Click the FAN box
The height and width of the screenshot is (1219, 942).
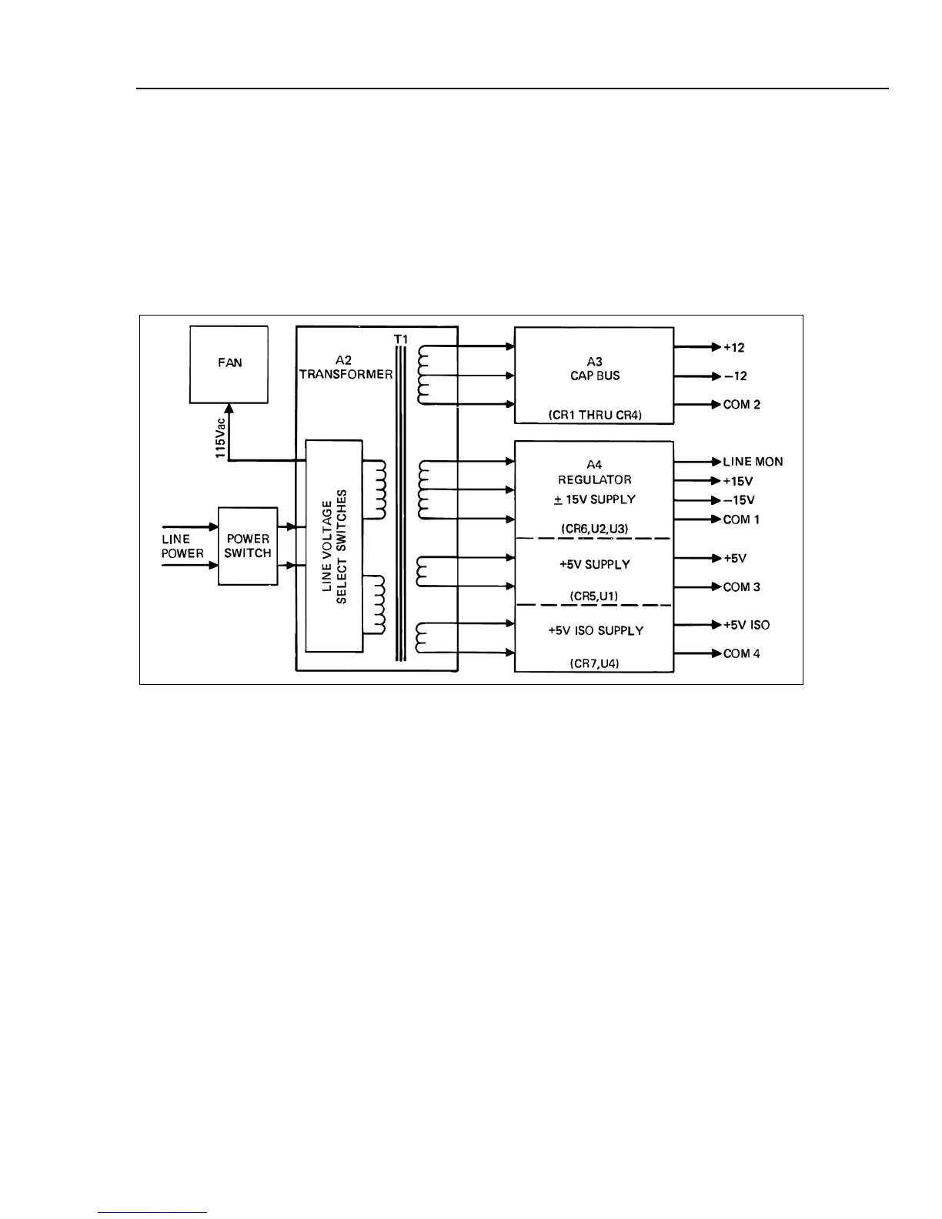tap(229, 364)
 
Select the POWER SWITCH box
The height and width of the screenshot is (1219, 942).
tap(248, 546)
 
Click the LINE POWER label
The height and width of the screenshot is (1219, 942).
tap(182, 546)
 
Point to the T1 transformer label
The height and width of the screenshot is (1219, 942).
tap(400, 339)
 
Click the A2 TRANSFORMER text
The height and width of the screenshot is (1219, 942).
tap(346, 367)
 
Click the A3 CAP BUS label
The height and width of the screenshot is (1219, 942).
tap(594, 369)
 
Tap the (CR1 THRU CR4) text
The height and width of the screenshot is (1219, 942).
tap(594, 415)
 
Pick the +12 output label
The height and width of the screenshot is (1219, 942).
tap(734, 347)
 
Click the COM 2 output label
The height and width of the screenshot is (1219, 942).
tap(741, 405)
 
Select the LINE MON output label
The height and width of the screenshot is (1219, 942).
tap(753, 462)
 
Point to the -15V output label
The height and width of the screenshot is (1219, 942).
tap(738, 500)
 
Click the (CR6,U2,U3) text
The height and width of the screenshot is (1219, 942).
tap(594, 529)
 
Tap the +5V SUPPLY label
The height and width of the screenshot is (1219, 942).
tap(594, 564)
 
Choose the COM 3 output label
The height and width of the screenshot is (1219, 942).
tap(741, 587)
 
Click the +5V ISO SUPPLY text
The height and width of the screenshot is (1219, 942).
tap(595, 630)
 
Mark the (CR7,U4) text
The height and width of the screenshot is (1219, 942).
tap(594, 663)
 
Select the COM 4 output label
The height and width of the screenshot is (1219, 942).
tap(741, 654)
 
